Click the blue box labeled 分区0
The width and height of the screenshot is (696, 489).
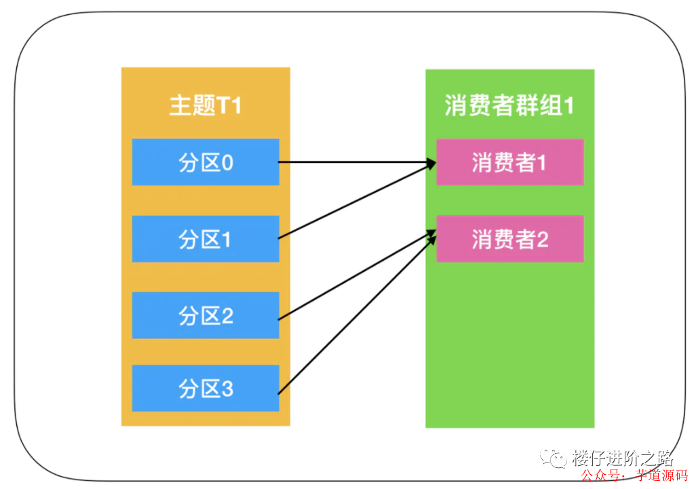pos(206,162)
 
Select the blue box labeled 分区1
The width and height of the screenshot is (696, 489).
pos(206,239)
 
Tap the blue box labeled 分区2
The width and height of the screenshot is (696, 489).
pos(206,315)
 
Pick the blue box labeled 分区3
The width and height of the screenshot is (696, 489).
pos(206,388)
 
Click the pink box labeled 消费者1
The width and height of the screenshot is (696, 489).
pos(509,162)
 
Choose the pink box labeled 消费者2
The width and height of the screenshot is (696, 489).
pos(509,239)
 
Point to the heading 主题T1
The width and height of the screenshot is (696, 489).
pos(205,107)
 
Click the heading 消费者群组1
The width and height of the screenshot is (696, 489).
pos(509,106)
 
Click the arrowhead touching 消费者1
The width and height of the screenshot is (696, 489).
pos(430,163)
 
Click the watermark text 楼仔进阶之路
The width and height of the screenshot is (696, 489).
pos(622,458)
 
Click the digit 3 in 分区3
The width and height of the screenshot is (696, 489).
pos(227,388)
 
